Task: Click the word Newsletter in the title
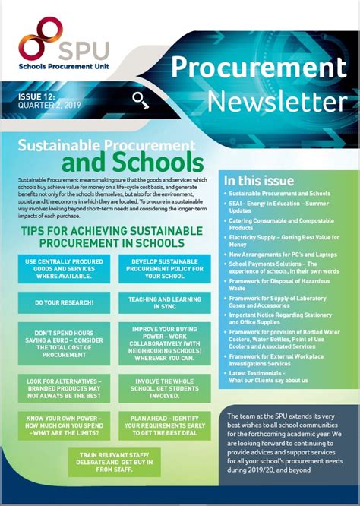pyautogui.click(x=276, y=101)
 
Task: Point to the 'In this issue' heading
pyautogui.click(x=258, y=181)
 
